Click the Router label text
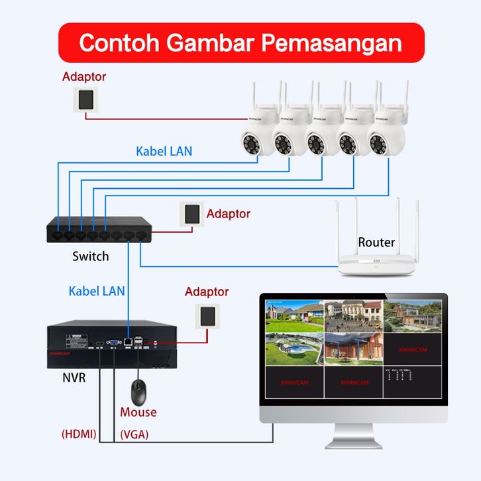coord(376,242)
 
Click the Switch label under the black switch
coord(91,256)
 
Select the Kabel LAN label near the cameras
coord(164,151)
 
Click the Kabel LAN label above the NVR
coord(97,290)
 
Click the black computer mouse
coord(138,392)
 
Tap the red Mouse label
coord(138,412)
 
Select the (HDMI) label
coord(79,435)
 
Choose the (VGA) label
coord(134,435)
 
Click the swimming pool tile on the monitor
coord(294,348)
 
